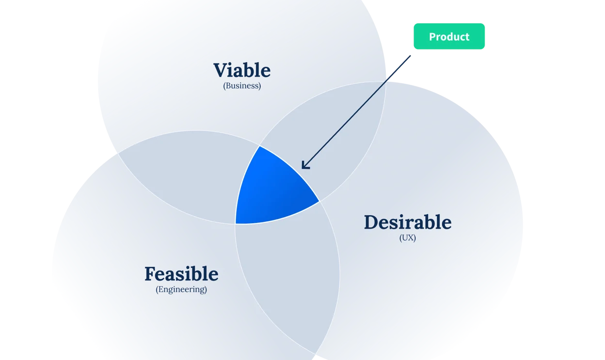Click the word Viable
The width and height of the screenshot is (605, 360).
(x=242, y=70)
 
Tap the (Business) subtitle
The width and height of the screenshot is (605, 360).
(x=242, y=86)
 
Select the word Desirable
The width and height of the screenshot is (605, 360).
(x=408, y=222)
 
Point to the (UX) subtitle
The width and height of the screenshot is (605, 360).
(x=408, y=238)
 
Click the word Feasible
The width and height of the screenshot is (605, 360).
(x=181, y=274)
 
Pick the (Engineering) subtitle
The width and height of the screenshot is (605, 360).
(x=181, y=289)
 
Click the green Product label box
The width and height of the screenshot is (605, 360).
(x=449, y=36)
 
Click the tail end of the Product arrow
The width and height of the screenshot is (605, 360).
(x=410, y=56)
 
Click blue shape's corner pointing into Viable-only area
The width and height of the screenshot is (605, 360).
(x=259, y=146)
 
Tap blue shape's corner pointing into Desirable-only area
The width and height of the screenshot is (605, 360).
(x=319, y=202)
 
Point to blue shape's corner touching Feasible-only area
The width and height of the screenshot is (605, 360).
(x=236, y=224)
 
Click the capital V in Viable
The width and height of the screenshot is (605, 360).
(x=222, y=70)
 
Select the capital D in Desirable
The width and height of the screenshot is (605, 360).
(x=373, y=222)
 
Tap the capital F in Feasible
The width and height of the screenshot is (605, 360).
(x=152, y=274)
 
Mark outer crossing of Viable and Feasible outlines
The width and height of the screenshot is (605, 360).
(x=118, y=153)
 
